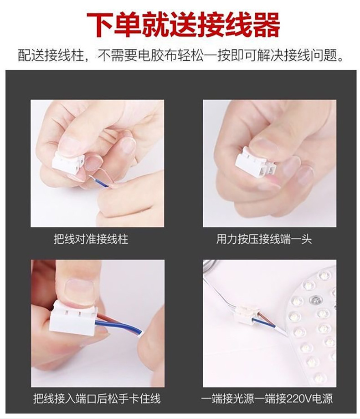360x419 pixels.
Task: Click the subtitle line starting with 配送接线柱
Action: pyautogui.click(x=180, y=56)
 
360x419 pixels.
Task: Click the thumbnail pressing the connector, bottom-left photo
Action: pyautogui.click(x=77, y=289)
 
